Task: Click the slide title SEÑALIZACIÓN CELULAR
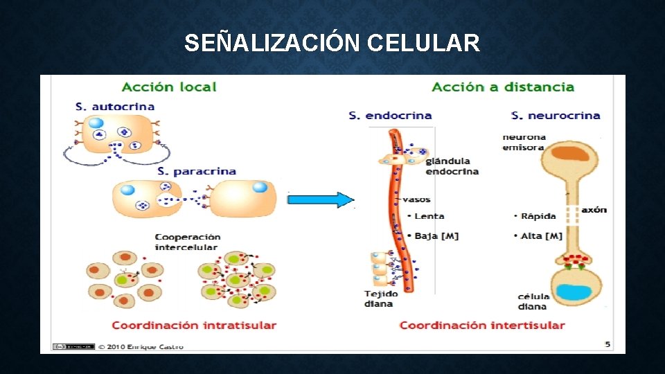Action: point(332,44)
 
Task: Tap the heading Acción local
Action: point(169,87)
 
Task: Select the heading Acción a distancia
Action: point(503,87)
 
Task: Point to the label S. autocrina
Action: point(115,107)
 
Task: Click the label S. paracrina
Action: point(197,171)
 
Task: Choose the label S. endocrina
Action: point(390,116)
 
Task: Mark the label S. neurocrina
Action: point(556,116)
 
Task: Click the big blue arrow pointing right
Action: point(321,200)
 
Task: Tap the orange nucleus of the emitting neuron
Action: point(568,154)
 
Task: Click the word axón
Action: point(594,209)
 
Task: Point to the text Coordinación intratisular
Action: point(194,325)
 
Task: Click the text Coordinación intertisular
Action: point(482,325)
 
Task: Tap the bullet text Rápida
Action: point(538,216)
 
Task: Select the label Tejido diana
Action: point(379,299)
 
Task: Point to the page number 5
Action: point(608,344)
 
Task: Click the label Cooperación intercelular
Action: point(188,242)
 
